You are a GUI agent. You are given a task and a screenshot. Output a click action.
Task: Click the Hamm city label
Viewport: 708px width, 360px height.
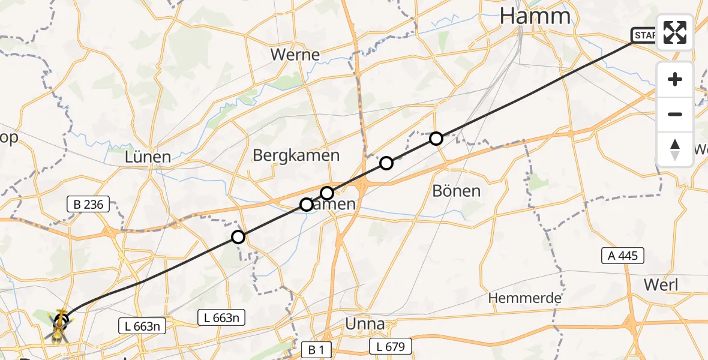point(536,16)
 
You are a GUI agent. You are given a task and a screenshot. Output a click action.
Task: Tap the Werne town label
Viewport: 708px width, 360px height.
point(295,55)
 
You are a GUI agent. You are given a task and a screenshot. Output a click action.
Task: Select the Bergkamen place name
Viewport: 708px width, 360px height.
point(296,155)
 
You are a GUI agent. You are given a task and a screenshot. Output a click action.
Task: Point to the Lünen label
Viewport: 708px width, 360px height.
point(148,157)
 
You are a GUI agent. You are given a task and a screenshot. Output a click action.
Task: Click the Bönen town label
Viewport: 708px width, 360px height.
point(457,191)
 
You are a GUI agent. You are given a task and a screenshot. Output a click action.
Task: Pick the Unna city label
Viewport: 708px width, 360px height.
point(365,324)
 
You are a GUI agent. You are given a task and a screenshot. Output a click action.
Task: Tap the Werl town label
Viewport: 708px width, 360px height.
point(661,284)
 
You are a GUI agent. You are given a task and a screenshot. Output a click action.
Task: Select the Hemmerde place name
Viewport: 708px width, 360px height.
point(524,298)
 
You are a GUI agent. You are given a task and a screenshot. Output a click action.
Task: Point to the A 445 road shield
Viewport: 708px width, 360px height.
point(623,256)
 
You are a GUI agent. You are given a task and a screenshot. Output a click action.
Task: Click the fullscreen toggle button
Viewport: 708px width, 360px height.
point(675,32)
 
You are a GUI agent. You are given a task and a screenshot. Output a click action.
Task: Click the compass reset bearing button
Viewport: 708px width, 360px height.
point(675,149)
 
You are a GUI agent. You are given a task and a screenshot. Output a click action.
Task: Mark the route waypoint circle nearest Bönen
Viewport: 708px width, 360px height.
point(436,139)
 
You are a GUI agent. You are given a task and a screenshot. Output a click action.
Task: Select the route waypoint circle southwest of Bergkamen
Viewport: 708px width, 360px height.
point(238,237)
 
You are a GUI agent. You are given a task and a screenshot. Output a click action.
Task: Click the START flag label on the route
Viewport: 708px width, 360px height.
point(644,36)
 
